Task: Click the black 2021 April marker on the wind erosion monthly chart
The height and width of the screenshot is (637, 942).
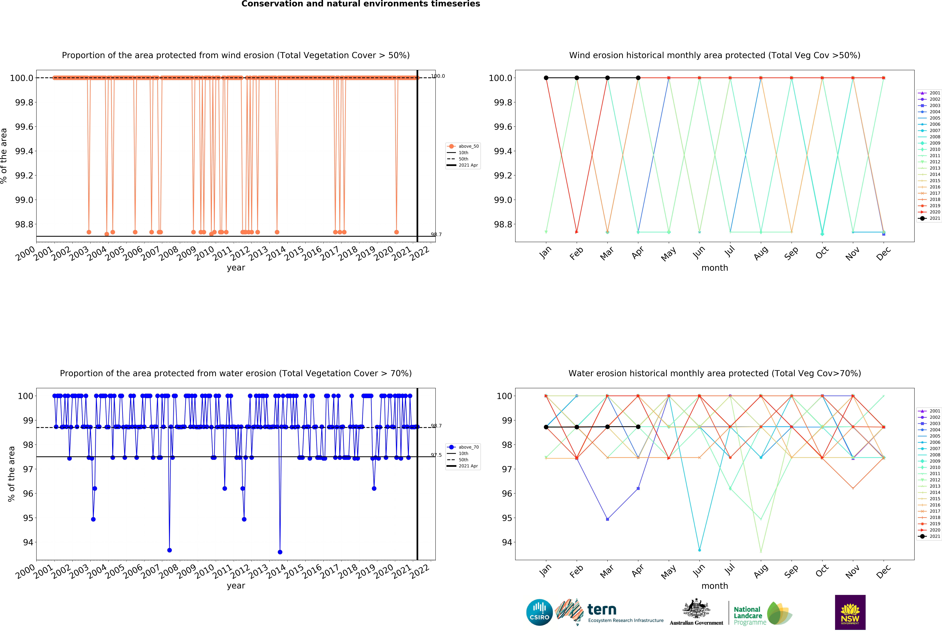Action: click(x=638, y=78)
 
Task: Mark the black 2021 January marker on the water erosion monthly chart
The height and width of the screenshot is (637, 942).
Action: click(x=546, y=427)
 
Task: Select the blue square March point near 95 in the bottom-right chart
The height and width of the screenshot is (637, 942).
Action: click(x=607, y=519)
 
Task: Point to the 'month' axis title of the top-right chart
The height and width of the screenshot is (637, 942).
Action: click(x=715, y=268)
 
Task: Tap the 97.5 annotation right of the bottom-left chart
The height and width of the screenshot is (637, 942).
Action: click(x=436, y=455)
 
